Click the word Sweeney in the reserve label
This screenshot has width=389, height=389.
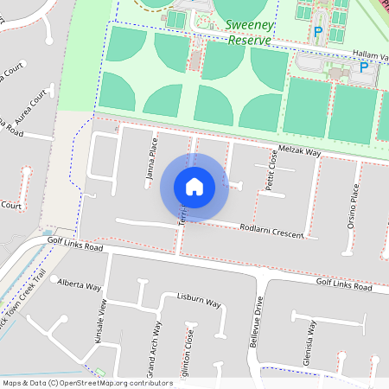coord(250,25)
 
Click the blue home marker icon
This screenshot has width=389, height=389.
coord(194,187)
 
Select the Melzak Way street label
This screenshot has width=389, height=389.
coord(300,151)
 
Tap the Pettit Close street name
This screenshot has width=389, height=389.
coord(271,170)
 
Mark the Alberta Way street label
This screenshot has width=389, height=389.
coord(80,284)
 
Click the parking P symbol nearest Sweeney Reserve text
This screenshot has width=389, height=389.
coord(318,33)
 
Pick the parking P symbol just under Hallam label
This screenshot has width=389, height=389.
coord(364,67)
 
